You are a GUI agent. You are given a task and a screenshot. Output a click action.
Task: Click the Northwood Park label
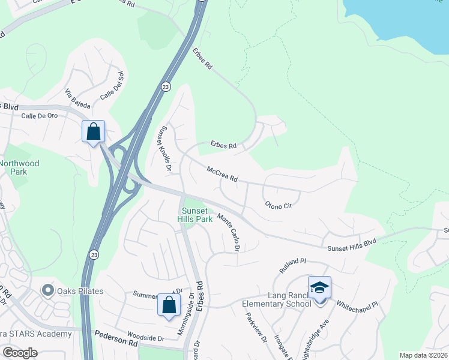pos(19,167)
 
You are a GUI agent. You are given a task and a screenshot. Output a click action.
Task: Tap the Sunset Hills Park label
pos(195,215)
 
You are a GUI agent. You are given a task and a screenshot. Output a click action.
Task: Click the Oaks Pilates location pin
pos(47,291)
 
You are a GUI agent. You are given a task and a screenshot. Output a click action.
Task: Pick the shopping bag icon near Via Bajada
pos(94,131)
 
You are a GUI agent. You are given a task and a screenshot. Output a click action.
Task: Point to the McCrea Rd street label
pos(222,175)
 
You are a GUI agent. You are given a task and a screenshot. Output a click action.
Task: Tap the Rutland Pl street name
pos(293,266)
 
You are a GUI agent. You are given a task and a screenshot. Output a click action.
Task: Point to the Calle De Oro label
pos(39,116)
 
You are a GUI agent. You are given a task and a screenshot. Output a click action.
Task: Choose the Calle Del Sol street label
pos(112,85)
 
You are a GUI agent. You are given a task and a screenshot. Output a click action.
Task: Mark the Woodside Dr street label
pos(145,338)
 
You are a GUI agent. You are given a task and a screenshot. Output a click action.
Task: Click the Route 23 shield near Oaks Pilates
pos(93,254)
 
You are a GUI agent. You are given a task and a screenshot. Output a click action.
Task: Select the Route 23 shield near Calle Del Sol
pos(166,87)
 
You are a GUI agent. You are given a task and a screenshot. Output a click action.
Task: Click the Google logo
pos(20,353)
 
